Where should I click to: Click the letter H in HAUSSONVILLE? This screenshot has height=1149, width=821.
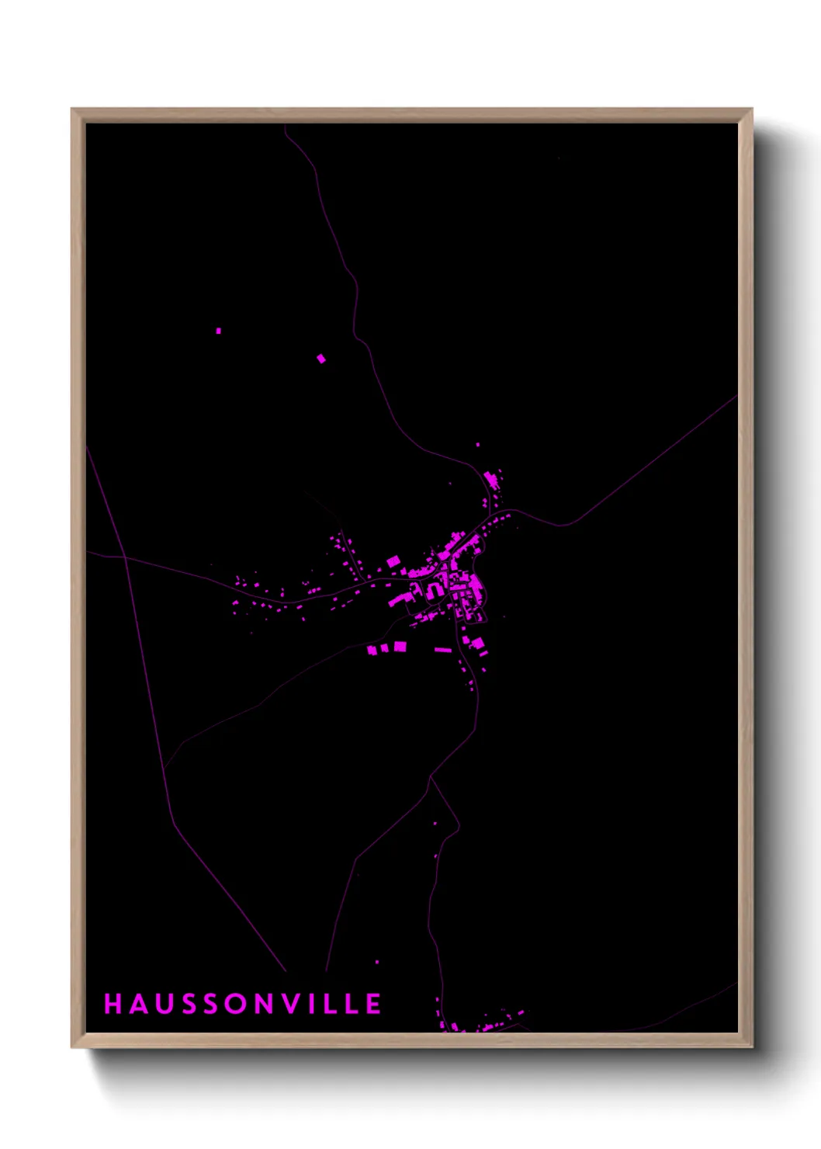113,1004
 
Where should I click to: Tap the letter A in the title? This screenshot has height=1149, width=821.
138,1004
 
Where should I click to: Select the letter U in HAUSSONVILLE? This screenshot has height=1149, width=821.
163,1004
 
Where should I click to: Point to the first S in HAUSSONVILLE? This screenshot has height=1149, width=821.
187,1004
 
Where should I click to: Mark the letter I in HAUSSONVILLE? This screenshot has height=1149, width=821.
312,1004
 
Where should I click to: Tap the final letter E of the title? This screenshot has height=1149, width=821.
374,1004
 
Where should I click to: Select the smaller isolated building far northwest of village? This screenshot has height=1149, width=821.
219,331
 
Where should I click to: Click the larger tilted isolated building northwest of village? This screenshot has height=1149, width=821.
321,358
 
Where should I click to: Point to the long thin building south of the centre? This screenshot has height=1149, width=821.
443,649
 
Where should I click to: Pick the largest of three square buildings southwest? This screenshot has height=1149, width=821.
400,646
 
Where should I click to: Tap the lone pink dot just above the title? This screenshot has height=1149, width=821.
377,962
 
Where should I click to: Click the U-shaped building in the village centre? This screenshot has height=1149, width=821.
435,592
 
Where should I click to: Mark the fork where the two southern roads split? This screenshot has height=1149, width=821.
431,776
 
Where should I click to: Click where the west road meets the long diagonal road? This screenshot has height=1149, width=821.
125,557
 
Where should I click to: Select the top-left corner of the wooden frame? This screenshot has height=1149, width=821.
73,109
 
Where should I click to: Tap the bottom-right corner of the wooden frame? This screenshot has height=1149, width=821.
751,1047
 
